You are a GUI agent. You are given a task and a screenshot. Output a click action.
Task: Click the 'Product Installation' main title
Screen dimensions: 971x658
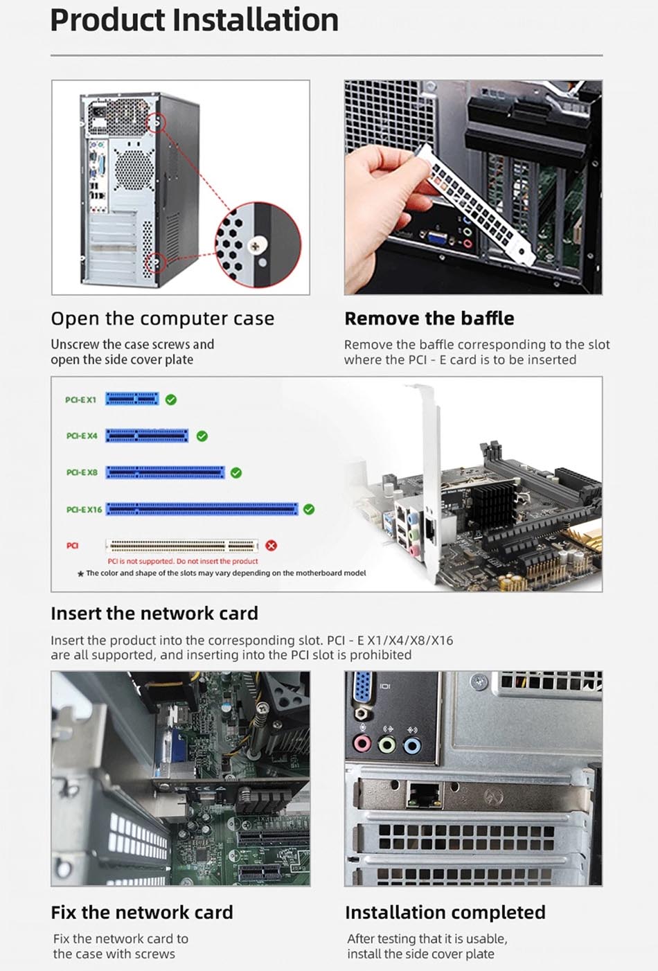point(194,20)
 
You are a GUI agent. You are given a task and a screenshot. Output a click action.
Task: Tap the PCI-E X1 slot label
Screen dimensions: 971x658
point(80,400)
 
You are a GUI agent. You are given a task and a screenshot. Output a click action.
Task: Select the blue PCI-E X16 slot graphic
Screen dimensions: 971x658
point(202,509)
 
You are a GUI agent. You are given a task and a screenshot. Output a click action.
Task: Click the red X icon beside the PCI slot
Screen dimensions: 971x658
point(271,545)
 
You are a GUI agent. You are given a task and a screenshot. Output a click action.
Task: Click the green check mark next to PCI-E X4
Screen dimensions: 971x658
point(202,436)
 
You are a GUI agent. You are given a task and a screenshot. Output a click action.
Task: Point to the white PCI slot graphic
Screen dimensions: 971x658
point(181,545)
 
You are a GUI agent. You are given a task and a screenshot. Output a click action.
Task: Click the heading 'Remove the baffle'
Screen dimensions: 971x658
point(429,319)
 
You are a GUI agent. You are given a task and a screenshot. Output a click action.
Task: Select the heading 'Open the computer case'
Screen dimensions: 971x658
point(162,319)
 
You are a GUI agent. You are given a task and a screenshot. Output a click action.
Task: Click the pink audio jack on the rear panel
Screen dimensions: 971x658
point(362,744)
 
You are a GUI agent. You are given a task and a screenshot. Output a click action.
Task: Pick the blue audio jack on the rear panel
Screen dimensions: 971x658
point(412,745)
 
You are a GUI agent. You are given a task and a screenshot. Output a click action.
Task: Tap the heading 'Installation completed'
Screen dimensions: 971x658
point(445,912)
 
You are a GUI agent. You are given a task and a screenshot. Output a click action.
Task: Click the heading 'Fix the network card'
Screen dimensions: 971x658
point(141,912)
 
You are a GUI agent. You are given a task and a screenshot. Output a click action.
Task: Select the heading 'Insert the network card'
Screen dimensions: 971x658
point(154,614)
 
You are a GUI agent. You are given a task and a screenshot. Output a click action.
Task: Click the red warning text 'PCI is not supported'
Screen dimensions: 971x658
point(183,561)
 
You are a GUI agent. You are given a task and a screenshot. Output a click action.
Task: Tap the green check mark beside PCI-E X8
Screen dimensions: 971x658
point(236,472)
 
